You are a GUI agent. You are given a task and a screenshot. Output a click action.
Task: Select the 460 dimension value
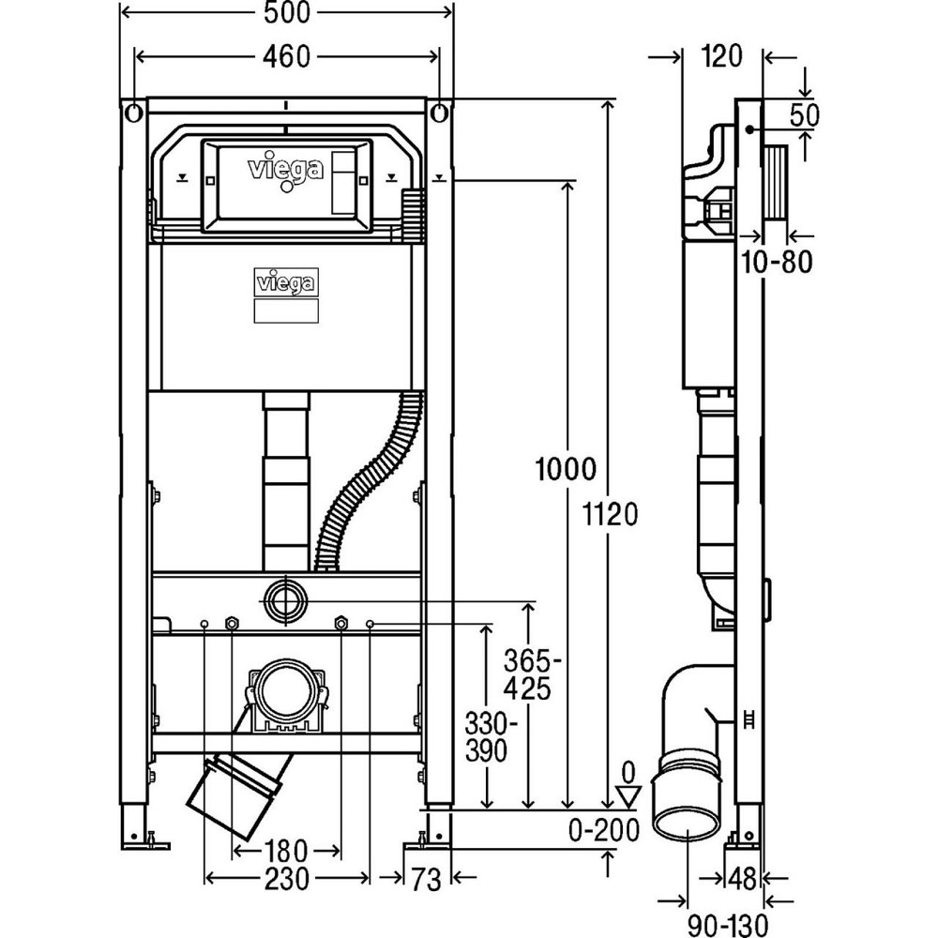click(x=287, y=56)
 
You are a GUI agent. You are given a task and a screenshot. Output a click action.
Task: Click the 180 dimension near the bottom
click(x=286, y=852)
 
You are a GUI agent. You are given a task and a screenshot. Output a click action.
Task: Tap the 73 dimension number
click(x=427, y=879)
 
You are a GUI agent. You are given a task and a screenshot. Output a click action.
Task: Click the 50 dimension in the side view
click(x=805, y=114)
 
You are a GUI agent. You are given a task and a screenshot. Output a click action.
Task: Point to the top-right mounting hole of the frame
click(x=439, y=113)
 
